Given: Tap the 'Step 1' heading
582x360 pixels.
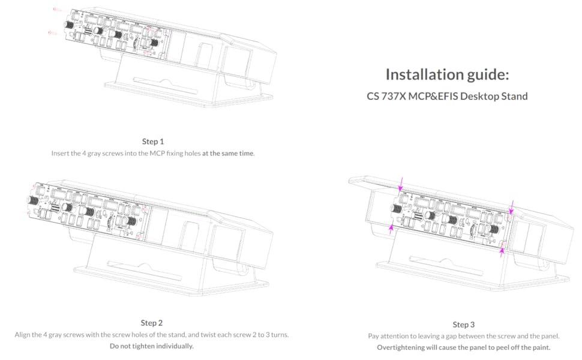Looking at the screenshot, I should click(x=152, y=142).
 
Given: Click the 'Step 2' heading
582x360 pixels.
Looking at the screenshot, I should click(x=152, y=323).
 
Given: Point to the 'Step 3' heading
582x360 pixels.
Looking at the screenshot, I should click(x=464, y=325).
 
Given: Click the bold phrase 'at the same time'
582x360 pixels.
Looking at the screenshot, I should click(x=228, y=153).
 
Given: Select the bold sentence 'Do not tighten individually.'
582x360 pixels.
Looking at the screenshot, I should click(x=152, y=346).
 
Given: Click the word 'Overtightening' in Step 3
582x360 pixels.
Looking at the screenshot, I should click(x=403, y=347).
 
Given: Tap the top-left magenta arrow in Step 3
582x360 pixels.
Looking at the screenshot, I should click(x=401, y=183).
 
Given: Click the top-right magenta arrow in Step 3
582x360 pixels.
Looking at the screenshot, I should click(x=512, y=207).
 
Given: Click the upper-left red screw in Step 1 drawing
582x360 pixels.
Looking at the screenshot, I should click(x=58, y=10).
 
